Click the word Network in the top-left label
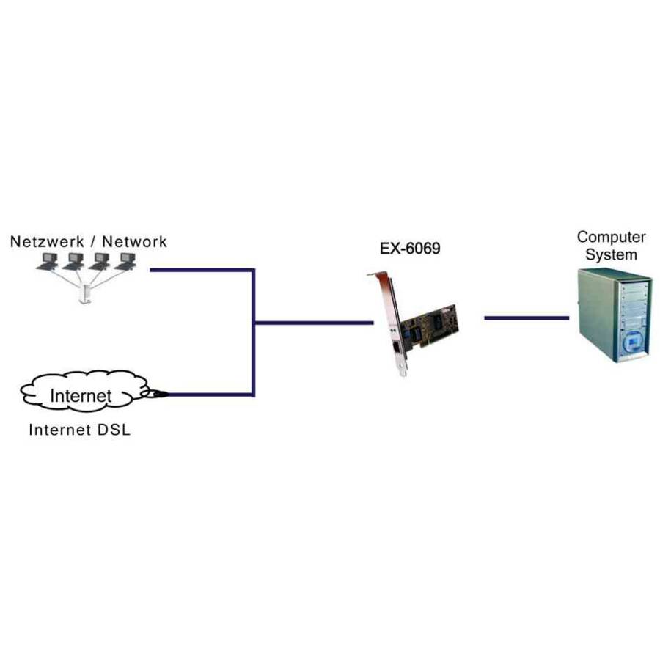tap(134, 241)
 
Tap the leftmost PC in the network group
tap(49, 260)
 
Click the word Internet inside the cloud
tap(81, 396)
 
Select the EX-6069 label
tap(410, 249)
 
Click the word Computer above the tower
tap(611, 237)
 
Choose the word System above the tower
tap(611, 254)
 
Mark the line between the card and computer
tap(526, 318)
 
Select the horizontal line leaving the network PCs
tap(202, 270)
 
